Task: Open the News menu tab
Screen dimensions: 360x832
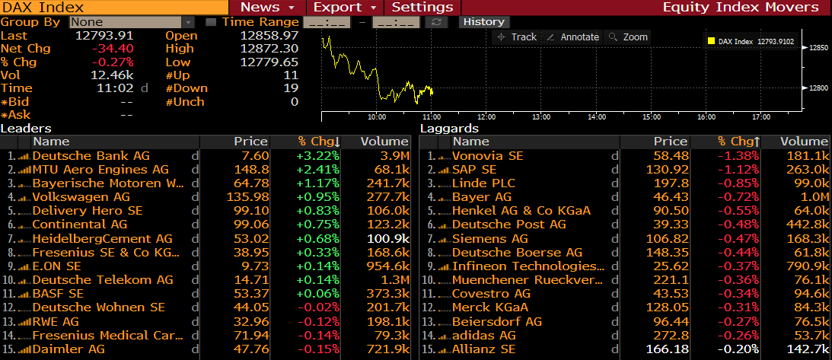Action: click(x=267, y=7)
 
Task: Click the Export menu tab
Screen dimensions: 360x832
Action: click(x=344, y=7)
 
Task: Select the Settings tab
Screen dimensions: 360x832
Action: click(x=422, y=7)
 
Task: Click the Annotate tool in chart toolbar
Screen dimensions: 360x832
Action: click(x=574, y=37)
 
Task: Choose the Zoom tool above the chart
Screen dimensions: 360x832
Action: click(x=629, y=37)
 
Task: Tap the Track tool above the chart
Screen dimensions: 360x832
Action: click(x=518, y=37)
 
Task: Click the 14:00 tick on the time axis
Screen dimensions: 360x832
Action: click(x=596, y=117)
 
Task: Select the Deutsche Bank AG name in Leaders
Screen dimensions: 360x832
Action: click(x=91, y=155)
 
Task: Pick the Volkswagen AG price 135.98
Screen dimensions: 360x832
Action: click(x=247, y=196)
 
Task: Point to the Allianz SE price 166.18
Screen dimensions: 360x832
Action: click(x=667, y=349)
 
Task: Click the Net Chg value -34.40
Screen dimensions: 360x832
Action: click(x=113, y=49)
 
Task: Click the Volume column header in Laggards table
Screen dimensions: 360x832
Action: click(x=804, y=142)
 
